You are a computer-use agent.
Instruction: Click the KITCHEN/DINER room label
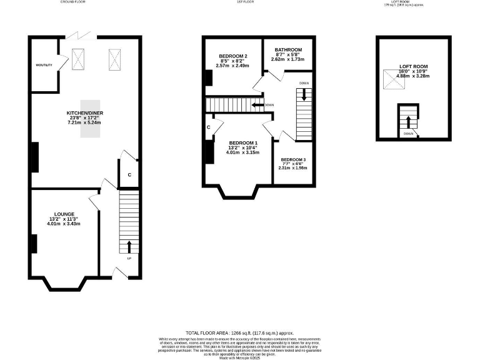click(85, 113)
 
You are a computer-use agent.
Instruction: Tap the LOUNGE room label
click(64, 214)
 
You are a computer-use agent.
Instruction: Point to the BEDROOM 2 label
click(233, 56)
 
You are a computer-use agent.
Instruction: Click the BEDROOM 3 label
click(293, 160)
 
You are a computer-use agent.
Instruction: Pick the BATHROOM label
click(288, 50)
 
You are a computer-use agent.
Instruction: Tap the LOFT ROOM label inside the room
click(413, 66)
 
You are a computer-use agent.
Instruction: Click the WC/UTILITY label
click(44, 65)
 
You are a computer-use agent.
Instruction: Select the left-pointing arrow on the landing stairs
click(256, 105)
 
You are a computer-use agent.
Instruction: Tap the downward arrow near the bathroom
click(304, 94)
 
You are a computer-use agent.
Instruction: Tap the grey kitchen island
click(89, 125)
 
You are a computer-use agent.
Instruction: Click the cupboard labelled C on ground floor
click(129, 175)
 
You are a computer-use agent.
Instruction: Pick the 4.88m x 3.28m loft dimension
click(413, 76)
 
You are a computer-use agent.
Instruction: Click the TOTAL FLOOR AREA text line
click(239, 333)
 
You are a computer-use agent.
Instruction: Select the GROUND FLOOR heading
click(73, 2)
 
